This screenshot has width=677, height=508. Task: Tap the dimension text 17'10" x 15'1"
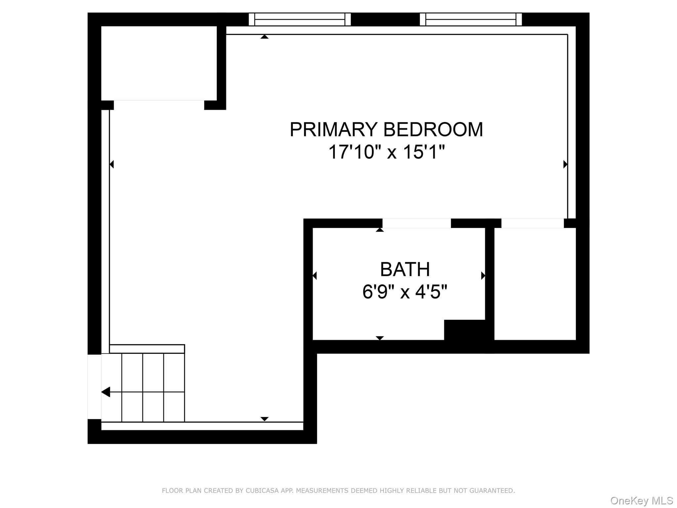(386, 152)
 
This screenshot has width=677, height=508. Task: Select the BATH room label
(405, 269)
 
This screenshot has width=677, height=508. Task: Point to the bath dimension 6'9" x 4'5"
(405, 292)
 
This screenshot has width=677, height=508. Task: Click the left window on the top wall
(299, 19)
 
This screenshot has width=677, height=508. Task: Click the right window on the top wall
(471, 19)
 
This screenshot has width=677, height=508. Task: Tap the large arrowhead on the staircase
(106, 392)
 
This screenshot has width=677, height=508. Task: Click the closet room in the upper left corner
(159, 63)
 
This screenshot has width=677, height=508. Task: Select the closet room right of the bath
(535, 284)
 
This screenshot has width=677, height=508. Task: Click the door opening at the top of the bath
(417, 223)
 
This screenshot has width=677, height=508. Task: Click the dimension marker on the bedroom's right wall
(565, 164)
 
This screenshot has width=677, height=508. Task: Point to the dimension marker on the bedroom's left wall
(112, 164)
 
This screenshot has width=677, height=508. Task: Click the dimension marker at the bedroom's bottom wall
(264, 419)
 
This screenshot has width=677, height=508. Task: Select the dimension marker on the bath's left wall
(314, 275)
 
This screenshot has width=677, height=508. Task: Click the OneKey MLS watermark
(641, 501)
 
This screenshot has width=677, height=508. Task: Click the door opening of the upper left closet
(159, 105)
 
